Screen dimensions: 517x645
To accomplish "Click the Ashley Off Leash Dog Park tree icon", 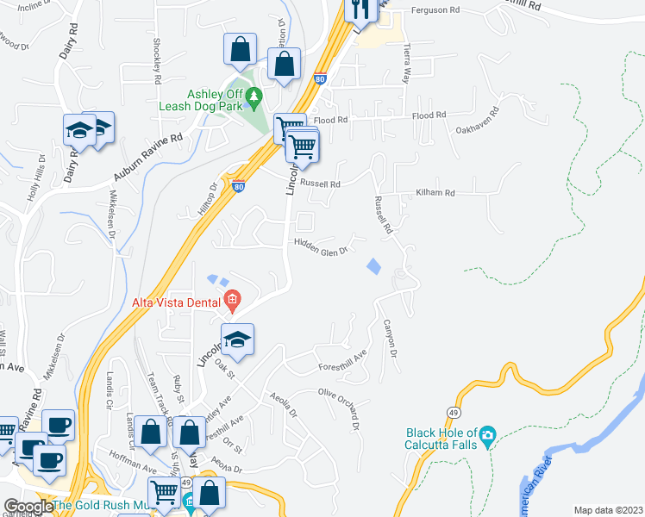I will pyautogui.click(x=254, y=96).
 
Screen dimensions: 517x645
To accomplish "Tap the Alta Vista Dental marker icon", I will pyautogui.click(x=231, y=301).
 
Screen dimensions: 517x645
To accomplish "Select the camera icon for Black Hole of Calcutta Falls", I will pyautogui.click(x=487, y=433).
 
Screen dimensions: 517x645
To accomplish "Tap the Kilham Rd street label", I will pyautogui.click(x=435, y=193).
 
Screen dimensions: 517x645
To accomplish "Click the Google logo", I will pyautogui.click(x=28, y=507).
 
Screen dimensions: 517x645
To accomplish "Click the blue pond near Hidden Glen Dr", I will pyautogui.click(x=373, y=266).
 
